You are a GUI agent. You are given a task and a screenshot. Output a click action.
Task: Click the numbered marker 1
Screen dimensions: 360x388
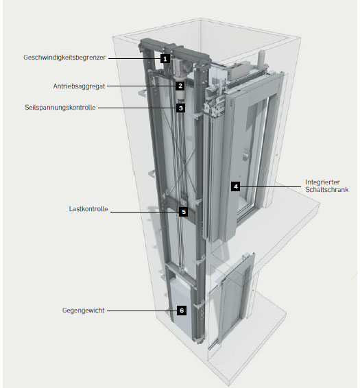[x=165, y=59]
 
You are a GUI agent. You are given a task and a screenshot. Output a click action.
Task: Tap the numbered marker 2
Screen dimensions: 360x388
[x=180, y=86]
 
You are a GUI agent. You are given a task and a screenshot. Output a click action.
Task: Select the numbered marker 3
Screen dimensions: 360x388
[x=181, y=108]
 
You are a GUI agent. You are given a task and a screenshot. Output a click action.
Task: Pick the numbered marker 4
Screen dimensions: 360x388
[x=235, y=186]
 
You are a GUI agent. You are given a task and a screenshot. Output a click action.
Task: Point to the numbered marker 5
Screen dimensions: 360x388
[x=184, y=212]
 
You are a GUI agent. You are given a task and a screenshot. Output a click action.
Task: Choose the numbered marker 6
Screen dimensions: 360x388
[x=182, y=311]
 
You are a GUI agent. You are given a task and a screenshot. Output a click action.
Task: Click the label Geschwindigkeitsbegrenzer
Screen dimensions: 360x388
[x=64, y=58]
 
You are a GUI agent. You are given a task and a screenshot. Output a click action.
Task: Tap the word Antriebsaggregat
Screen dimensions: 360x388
[x=79, y=86]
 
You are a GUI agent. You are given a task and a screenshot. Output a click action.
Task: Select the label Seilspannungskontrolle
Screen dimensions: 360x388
[x=60, y=108]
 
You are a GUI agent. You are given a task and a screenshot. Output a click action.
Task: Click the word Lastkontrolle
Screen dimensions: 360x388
[x=88, y=209]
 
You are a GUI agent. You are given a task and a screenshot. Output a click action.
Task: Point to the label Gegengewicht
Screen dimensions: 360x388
[x=84, y=311]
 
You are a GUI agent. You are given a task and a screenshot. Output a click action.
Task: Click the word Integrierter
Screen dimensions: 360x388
[x=322, y=182]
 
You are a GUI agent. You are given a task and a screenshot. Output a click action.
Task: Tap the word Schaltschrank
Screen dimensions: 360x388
[x=327, y=190]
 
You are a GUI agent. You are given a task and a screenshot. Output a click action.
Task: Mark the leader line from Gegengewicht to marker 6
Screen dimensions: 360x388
[x=142, y=311]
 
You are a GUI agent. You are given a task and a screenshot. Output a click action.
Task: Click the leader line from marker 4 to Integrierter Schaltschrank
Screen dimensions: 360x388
[x=271, y=186]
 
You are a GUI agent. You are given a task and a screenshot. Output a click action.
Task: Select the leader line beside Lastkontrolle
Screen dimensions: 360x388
[x=145, y=212]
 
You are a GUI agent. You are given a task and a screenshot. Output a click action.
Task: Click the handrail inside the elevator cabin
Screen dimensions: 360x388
[x=246, y=154]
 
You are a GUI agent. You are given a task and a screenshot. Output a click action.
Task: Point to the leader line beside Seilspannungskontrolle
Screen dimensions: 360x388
[x=137, y=108]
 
